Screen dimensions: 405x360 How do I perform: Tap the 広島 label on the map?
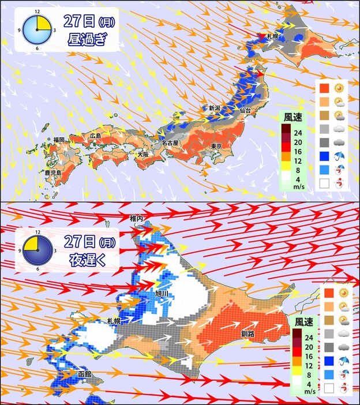[95, 136]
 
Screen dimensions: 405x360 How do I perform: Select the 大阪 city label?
[142, 155]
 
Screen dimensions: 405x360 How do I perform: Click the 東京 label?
[217, 145]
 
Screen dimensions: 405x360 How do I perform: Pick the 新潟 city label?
[215, 108]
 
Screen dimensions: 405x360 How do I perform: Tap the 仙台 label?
[245, 110]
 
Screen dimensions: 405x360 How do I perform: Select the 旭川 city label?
[163, 293]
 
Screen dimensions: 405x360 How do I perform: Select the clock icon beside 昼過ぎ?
[37, 29]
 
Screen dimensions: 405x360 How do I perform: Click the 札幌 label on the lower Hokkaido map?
[114, 321]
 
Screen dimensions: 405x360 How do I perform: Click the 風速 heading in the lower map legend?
[303, 321]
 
